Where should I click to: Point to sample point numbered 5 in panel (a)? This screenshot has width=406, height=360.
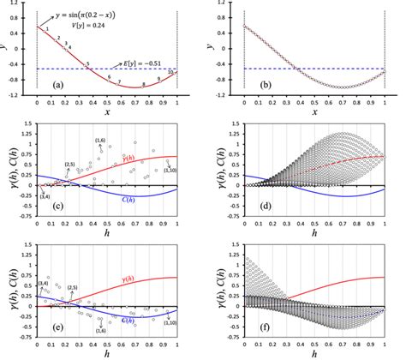[x=88, y=64]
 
